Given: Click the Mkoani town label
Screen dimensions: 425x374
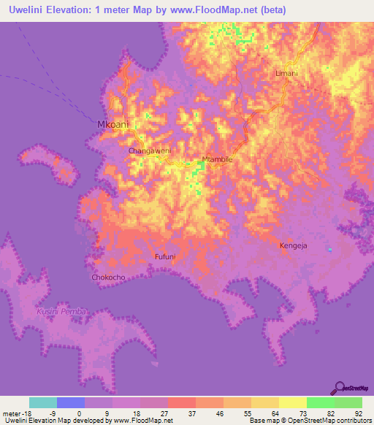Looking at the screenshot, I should (x=112, y=125).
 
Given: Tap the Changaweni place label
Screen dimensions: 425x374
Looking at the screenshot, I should (x=149, y=150).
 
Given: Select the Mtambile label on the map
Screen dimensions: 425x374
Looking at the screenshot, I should (x=216, y=158).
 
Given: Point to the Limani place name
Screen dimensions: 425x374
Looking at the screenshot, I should (x=287, y=74).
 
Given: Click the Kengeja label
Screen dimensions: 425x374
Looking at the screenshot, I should (x=294, y=246).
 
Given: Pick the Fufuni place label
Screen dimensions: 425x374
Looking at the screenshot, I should (x=167, y=257).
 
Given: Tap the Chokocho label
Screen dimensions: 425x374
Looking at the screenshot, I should (x=108, y=277).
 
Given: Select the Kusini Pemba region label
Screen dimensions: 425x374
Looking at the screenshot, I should (x=61, y=312).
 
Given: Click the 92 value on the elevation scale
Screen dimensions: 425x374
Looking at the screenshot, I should (x=358, y=413).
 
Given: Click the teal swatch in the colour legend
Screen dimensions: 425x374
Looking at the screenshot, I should (x=42, y=402).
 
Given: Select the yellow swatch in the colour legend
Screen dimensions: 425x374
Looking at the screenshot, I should (x=292, y=402).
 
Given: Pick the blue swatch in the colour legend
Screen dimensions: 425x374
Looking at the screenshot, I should (x=70, y=402).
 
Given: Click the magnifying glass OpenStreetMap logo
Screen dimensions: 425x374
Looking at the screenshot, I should (x=339, y=388).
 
